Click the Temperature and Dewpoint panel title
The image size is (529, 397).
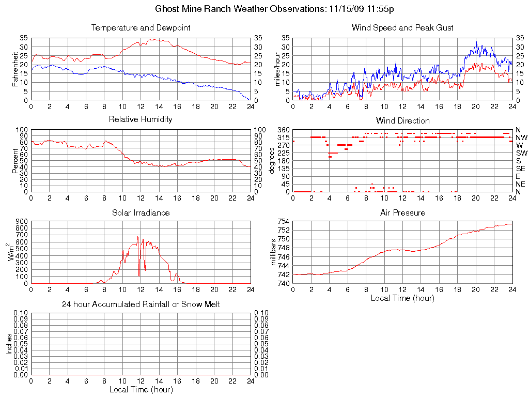(141, 28)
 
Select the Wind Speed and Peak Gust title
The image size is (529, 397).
(402, 28)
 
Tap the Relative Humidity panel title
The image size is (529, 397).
(141, 119)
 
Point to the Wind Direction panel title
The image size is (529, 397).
(402, 121)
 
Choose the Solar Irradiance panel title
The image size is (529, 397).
(141, 212)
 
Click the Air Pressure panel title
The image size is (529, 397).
(402, 212)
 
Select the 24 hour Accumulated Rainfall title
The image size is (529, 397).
(141, 304)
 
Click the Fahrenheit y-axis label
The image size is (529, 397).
(15, 69)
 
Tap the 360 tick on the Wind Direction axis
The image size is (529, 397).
(284, 130)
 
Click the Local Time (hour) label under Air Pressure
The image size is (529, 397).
(402, 298)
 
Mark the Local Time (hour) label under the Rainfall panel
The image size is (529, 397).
(141, 389)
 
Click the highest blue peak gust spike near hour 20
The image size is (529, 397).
(476, 41)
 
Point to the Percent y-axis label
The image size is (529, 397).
(15, 160)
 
